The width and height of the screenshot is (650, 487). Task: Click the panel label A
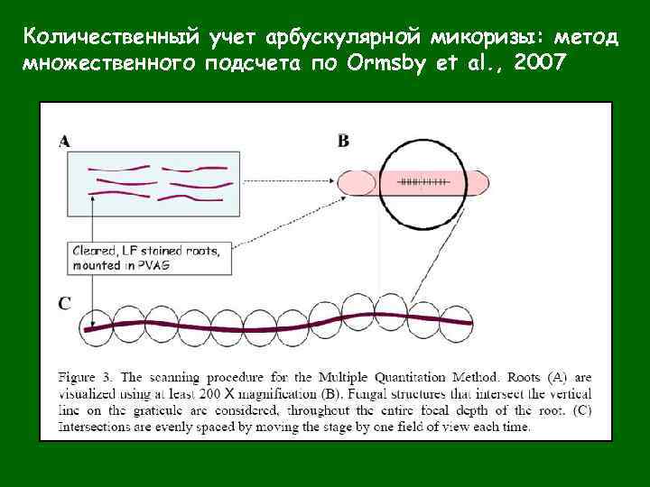[65, 140]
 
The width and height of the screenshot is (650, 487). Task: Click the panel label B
[343, 140]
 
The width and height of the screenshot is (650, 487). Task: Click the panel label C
[65, 303]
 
